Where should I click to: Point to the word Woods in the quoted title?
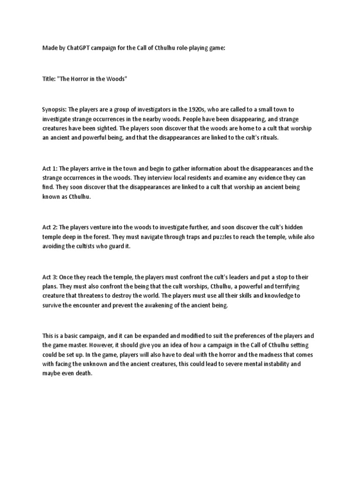coord(115,79)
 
